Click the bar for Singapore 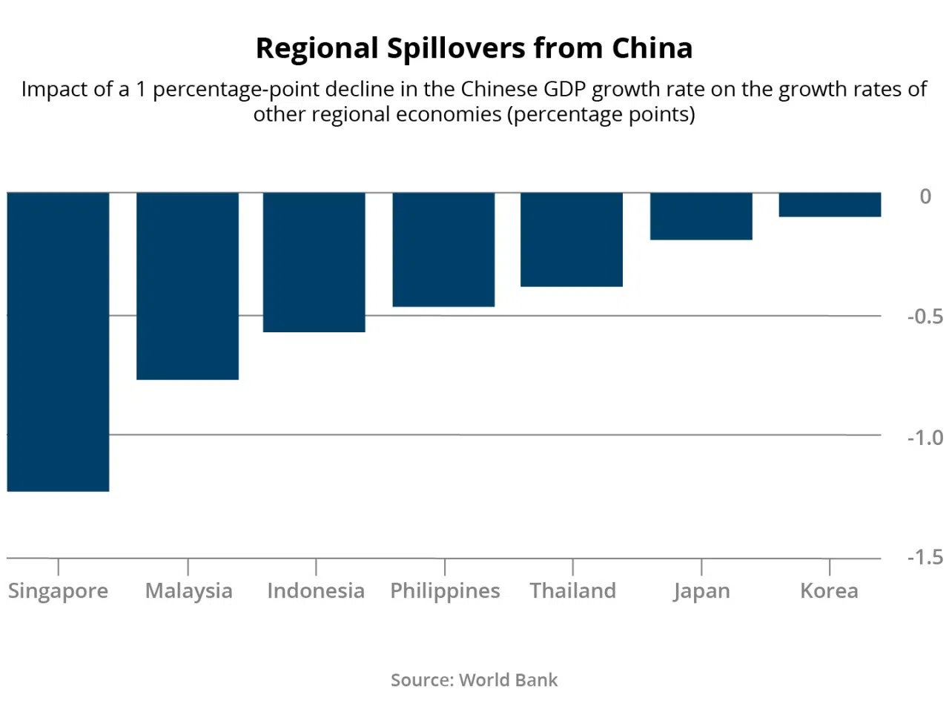click(58, 341)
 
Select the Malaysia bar click(188, 286)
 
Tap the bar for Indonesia click(314, 262)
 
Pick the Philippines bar click(443, 249)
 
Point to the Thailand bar click(572, 239)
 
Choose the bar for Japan click(701, 216)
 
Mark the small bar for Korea click(830, 205)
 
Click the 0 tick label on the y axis click(925, 197)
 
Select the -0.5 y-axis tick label click(925, 317)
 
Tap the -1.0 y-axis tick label click(925, 438)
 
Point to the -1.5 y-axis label click(925, 557)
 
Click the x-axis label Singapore click(58, 591)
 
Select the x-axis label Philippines click(445, 591)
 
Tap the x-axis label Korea click(829, 591)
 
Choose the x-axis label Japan click(701, 591)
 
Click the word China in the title click(652, 48)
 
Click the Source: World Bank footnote click(474, 680)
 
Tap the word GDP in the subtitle click(565, 89)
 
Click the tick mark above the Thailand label click(572, 567)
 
